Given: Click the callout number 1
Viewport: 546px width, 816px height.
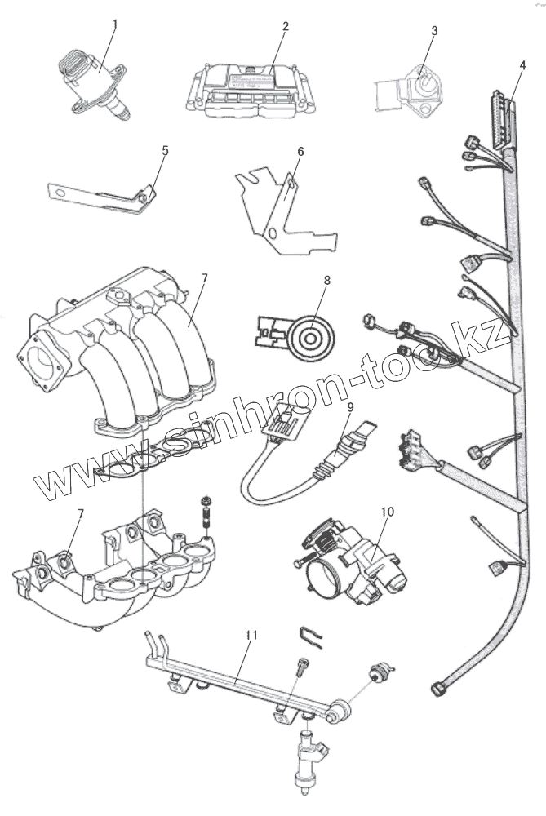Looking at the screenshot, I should click(114, 24).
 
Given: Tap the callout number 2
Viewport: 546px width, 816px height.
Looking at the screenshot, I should click(286, 26).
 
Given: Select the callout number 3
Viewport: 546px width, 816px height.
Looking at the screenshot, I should click(434, 31).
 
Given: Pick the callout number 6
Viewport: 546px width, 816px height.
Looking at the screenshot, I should click(300, 152).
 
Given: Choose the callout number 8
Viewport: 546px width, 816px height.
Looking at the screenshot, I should click(326, 280).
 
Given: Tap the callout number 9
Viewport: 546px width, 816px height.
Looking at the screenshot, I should click(349, 406).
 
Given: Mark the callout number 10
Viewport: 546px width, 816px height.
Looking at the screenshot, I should click(388, 512).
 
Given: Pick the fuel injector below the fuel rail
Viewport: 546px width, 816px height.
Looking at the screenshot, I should click(308, 755).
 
